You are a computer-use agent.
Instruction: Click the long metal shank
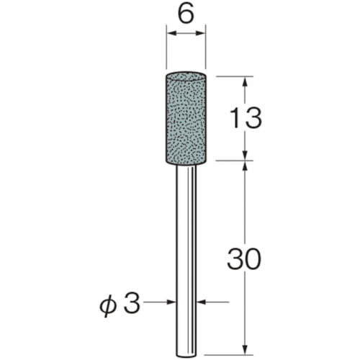click(x=188, y=252)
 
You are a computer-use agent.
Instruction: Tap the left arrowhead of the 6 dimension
click(x=171, y=33)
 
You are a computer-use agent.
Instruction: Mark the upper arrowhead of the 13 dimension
click(x=246, y=79)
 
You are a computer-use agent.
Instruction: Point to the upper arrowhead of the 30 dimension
click(x=246, y=166)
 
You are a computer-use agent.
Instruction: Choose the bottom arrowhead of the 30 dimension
click(x=246, y=348)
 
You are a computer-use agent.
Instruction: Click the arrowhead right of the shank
click(x=202, y=304)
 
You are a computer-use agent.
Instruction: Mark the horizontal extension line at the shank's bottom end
click(x=230, y=354)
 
